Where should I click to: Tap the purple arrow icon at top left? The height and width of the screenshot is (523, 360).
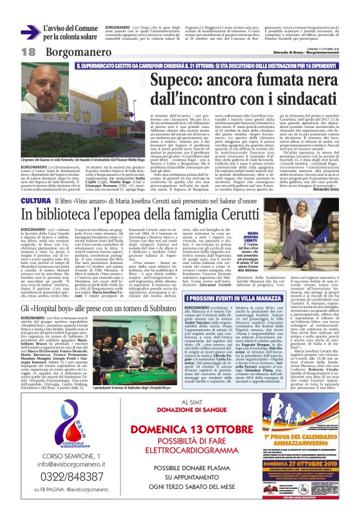point(30,31)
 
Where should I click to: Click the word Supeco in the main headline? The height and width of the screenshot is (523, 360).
point(176,80)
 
